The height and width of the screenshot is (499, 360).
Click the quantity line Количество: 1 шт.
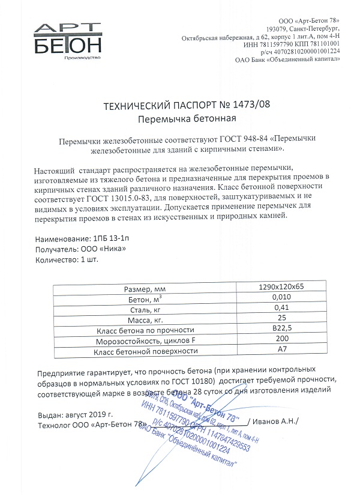click(x=66, y=260)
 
